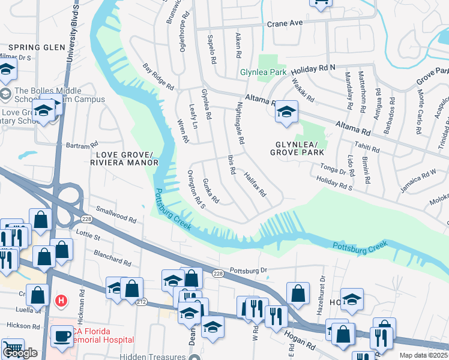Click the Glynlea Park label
263,72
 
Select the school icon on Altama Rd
286,112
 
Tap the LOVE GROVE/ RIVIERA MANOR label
123,158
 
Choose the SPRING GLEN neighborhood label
32,47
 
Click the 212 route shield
141,301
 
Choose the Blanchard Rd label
112,258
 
